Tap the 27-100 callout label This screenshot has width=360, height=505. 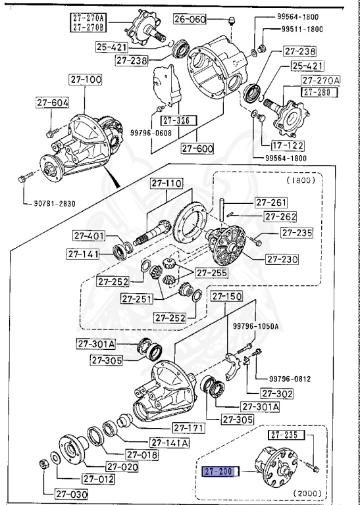[85, 80]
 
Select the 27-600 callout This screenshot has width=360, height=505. [197, 148]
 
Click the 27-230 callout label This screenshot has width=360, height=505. [283, 259]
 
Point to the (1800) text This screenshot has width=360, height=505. [301, 179]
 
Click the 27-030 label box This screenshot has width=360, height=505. [60, 493]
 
